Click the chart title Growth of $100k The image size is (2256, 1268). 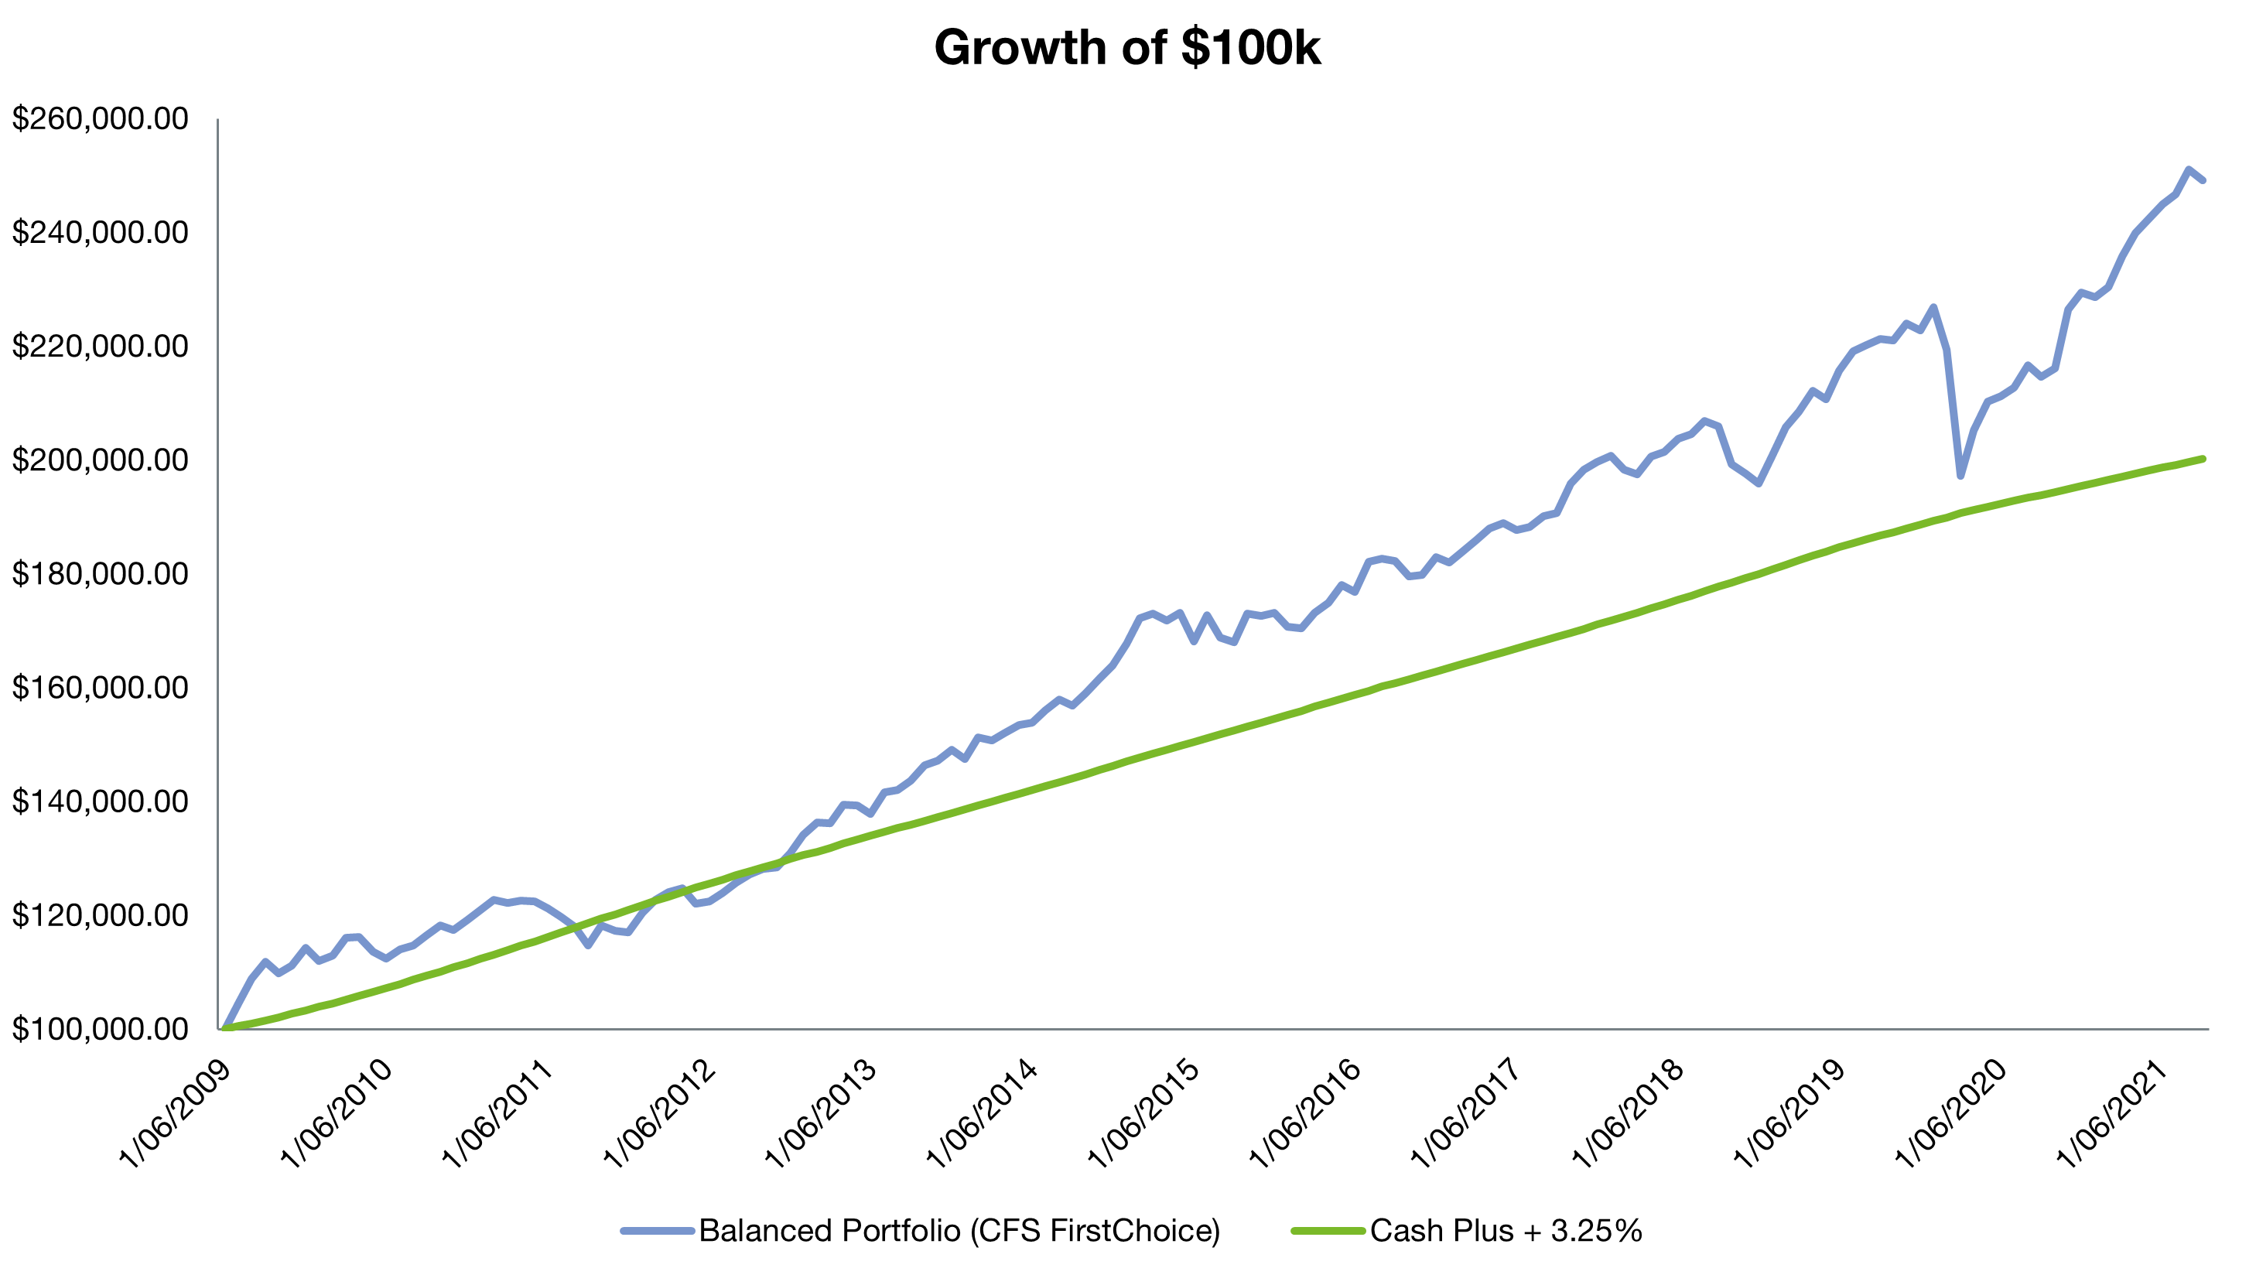[x=1127, y=47]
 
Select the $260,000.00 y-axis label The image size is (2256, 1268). [x=100, y=119]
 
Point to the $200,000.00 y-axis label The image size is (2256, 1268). [x=100, y=460]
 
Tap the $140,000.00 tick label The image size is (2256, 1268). [x=100, y=801]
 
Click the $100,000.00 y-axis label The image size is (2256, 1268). [x=100, y=1029]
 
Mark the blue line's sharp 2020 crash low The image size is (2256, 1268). [x=1961, y=476]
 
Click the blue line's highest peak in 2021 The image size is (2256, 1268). [x=2189, y=170]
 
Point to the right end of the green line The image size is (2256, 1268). [x=2203, y=459]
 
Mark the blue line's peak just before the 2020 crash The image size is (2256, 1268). [x=1933, y=307]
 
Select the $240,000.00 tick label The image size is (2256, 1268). [x=100, y=233]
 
